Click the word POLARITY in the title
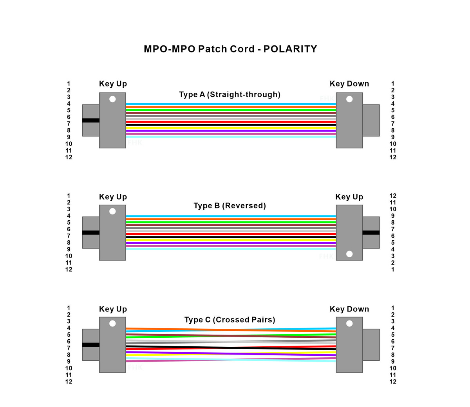[x=290, y=49]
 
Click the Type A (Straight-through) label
[x=230, y=94]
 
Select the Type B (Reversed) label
[x=230, y=205]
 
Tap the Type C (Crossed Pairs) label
[x=230, y=319]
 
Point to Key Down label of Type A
[x=349, y=84]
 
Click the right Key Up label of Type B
[x=349, y=197]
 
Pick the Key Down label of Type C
[x=349, y=309]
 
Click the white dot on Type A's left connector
[x=112, y=99]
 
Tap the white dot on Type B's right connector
[x=349, y=254]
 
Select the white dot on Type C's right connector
[x=349, y=323]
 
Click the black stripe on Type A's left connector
[x=91, y=121]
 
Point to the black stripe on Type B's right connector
[x=371, y=233]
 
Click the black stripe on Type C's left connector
[x=91, y=345]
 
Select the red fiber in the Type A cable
[x=231, y=122]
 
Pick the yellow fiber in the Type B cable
[x=231, y=240]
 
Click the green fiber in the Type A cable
[x=231, y=110]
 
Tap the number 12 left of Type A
[x=69, y=157]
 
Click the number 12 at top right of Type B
[x=393, y=196]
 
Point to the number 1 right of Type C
[x=393, y=308]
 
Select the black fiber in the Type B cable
[x=231, y=237]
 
